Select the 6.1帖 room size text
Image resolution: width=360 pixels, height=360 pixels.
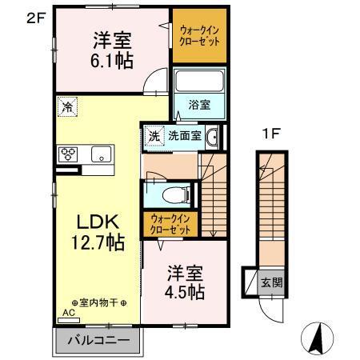(111, 61)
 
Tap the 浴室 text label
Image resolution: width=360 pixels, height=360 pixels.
(198, 104)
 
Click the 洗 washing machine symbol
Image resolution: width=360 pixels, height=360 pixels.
(154, 136)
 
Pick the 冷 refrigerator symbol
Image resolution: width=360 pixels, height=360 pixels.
(66, 105)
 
